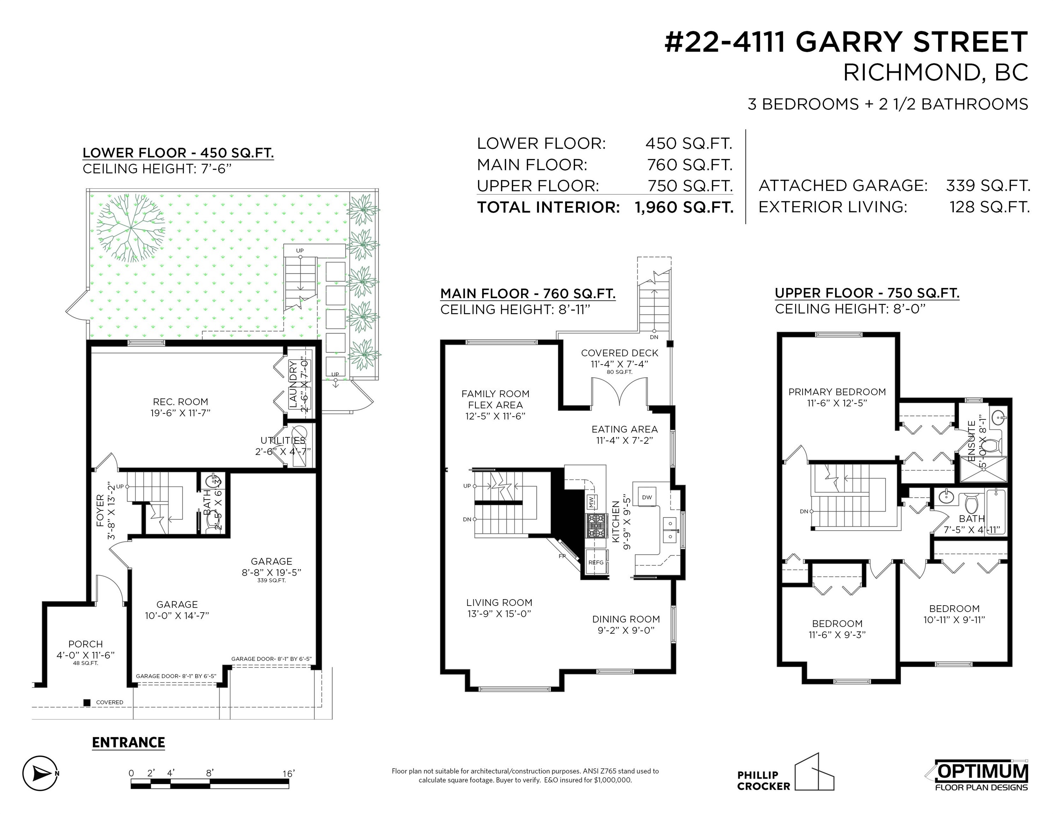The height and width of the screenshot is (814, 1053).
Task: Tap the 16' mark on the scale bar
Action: tap(288, 773)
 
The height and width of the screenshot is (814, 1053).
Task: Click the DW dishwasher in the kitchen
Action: tap(647, 497)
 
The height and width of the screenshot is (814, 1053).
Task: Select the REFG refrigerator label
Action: tap(596, 562)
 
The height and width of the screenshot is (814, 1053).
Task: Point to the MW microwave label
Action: tap(591, 502)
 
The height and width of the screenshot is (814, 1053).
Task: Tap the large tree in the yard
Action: tap(131, 227)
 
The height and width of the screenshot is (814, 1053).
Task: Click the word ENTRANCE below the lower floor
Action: tap(128, 742)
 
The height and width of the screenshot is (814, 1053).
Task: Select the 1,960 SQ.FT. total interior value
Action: tap(684, 207)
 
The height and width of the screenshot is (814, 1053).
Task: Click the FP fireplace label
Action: tap(562, 556)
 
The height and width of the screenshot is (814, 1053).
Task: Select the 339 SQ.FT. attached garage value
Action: tap(988, 185)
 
